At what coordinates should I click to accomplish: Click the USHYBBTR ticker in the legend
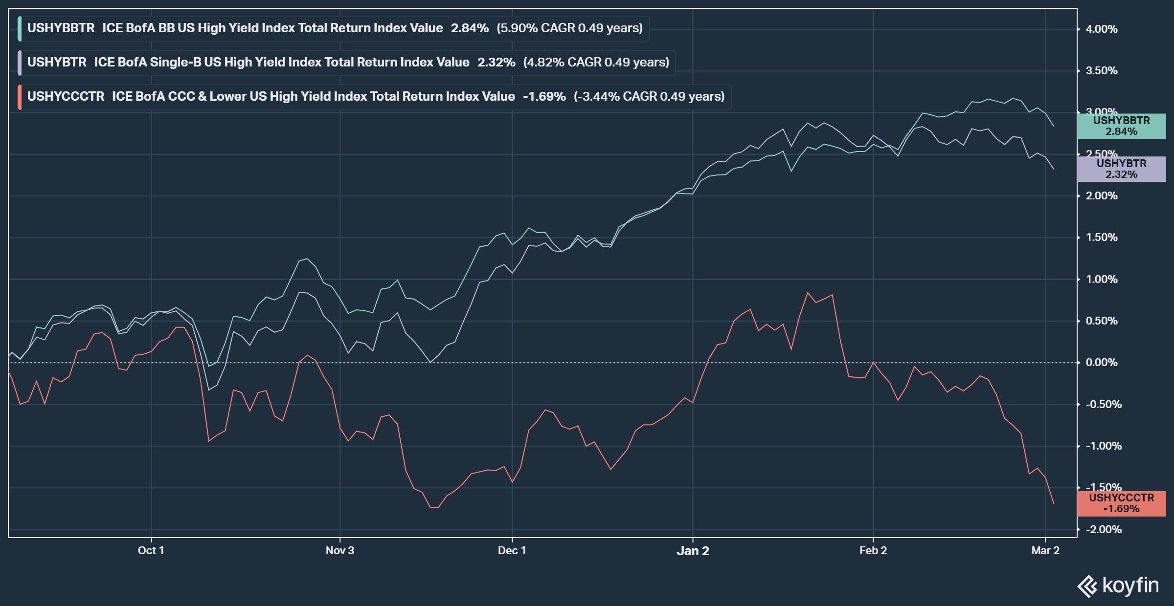61,28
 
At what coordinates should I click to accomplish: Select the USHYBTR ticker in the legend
57,63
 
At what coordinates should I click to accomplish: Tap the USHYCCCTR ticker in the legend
66,97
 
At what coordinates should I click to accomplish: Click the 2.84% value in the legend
470,28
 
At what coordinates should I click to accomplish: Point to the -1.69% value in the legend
544,97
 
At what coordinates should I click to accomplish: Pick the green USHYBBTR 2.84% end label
1121,126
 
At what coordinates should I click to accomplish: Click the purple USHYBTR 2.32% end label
1121,169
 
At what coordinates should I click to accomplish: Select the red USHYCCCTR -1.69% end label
1121,503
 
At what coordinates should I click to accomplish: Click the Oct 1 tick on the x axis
151,551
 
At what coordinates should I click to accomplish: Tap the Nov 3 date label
339,551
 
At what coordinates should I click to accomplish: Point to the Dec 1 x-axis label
512,551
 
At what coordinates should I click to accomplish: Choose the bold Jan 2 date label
693,551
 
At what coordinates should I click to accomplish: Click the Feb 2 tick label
873,551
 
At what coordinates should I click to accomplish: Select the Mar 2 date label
1045,551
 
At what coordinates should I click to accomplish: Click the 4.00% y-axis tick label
1102,29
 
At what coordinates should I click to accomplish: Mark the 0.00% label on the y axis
1102,363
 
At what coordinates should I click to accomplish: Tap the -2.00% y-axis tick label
1104,530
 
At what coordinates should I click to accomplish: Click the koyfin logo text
1130,585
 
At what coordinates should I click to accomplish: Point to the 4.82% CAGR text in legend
596,63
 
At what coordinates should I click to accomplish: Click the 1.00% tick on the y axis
1102,280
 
